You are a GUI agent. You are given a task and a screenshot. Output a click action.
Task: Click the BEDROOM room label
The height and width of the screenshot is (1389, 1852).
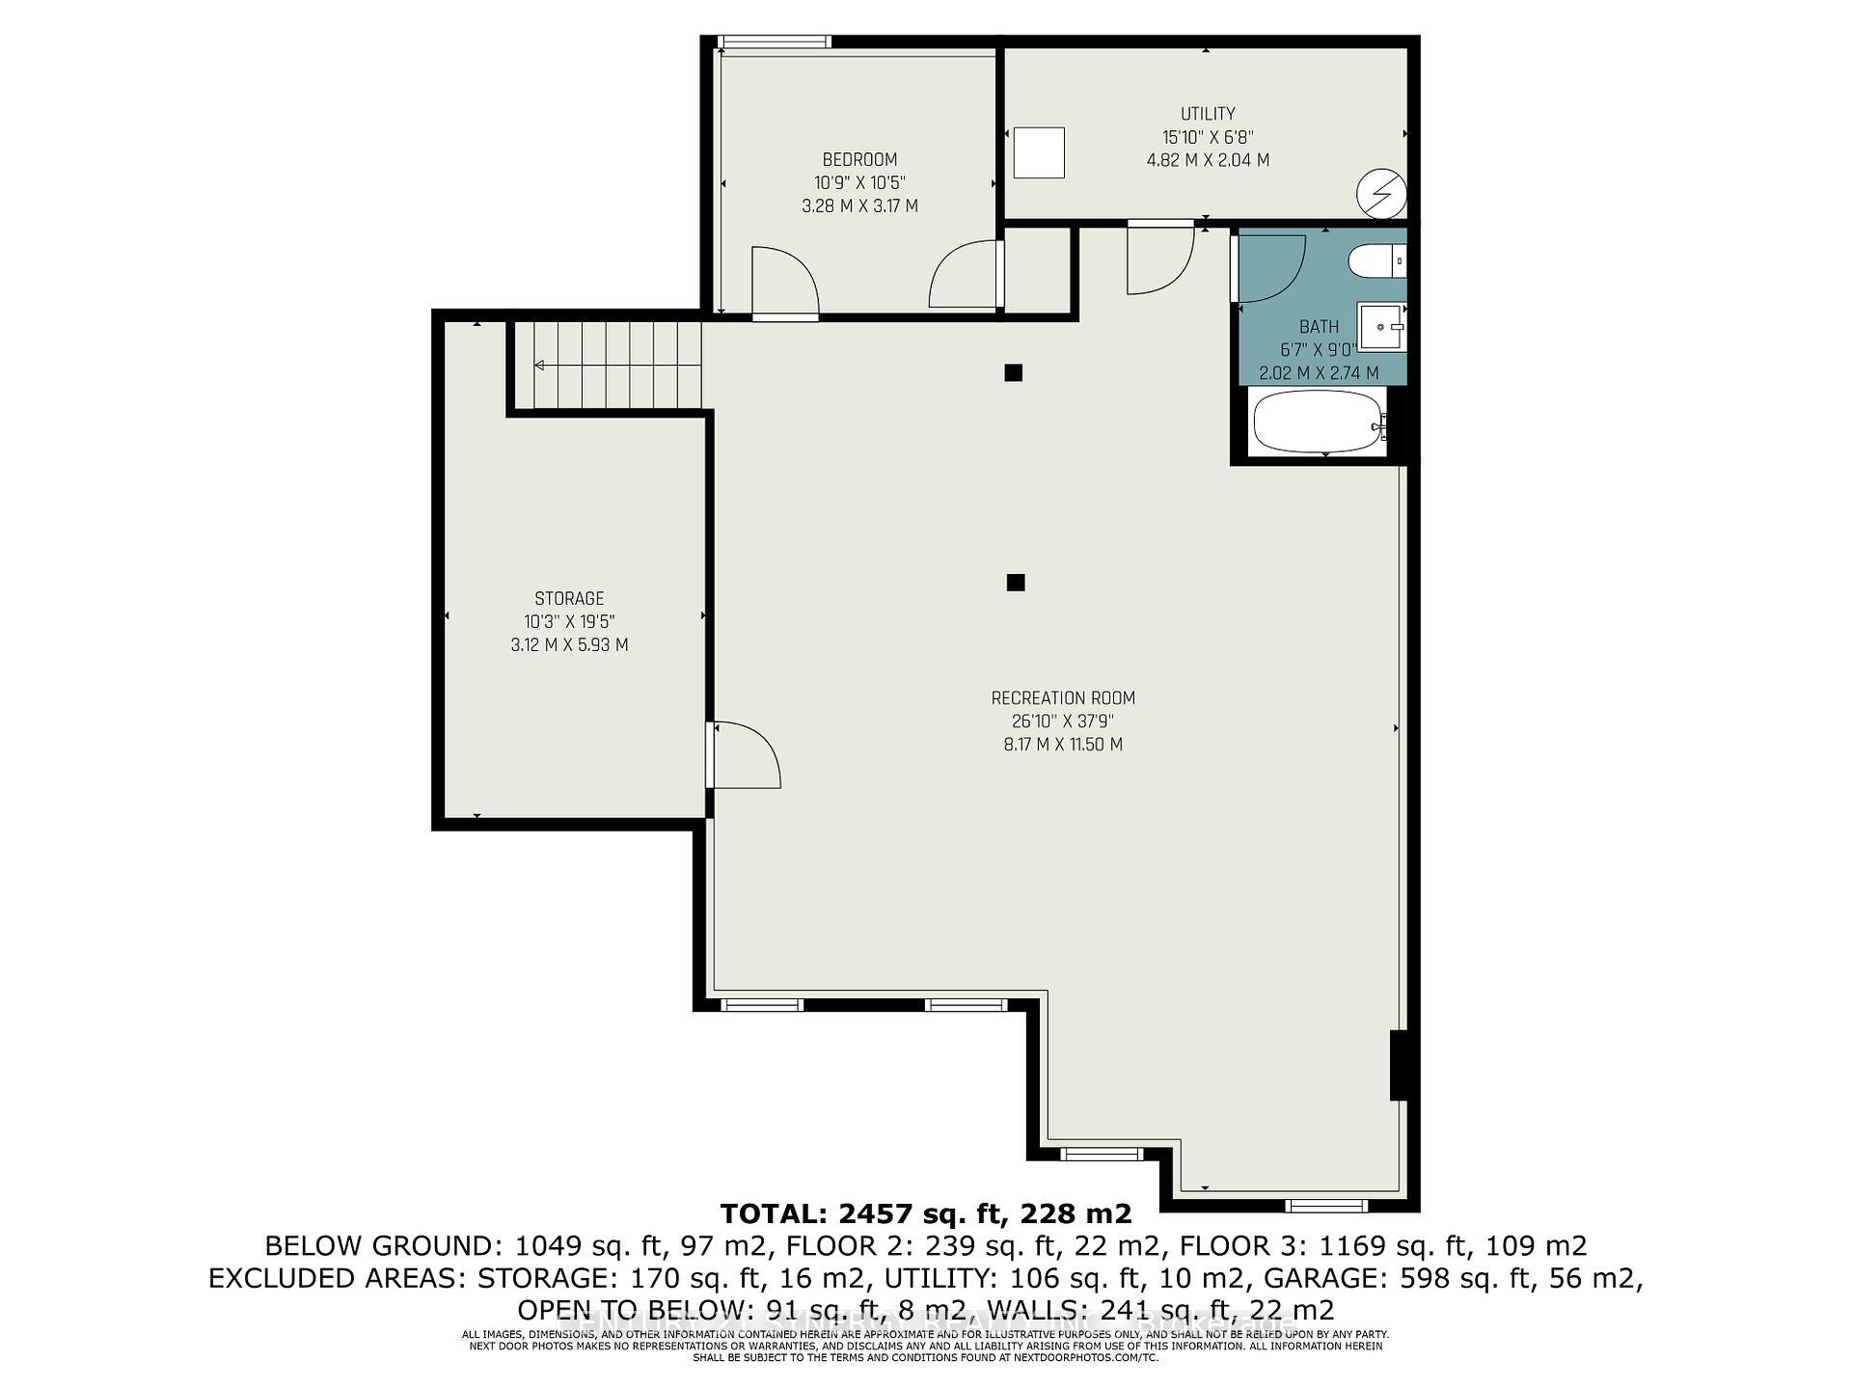click(859, 160)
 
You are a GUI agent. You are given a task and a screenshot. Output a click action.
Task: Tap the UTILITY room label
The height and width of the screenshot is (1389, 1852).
click(1208, 114)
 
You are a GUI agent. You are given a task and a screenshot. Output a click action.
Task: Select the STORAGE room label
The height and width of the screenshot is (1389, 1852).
click(569, 599)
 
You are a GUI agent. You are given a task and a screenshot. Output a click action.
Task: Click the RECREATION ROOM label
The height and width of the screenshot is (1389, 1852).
click(1063, 698)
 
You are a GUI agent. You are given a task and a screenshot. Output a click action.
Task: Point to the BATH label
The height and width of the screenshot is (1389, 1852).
click(1319, 327)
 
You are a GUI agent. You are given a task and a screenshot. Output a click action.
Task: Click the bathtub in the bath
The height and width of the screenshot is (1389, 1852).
click(1318, 422)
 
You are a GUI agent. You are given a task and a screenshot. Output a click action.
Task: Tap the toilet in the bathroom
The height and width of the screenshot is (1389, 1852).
click(1375, 261)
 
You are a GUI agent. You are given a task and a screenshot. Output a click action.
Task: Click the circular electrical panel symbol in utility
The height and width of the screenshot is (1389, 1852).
click(1381, 195)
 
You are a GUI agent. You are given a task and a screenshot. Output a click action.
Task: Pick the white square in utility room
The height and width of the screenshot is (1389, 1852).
click(1039, 152)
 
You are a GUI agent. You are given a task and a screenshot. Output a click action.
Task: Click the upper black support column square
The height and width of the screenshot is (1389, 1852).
click(1013, 373)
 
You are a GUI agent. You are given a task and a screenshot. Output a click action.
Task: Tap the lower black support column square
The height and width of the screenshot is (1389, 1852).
click(1015, 583)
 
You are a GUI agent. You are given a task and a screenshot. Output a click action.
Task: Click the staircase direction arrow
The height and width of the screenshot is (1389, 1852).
click(540, 366)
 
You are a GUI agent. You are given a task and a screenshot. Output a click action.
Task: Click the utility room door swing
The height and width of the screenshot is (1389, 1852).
click(1160, 260)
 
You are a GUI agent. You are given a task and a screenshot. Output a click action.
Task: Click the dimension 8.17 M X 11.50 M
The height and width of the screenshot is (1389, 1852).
click(1063, 745)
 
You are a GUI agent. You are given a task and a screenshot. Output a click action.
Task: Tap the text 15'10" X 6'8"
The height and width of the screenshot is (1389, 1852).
click(1208, 137)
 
